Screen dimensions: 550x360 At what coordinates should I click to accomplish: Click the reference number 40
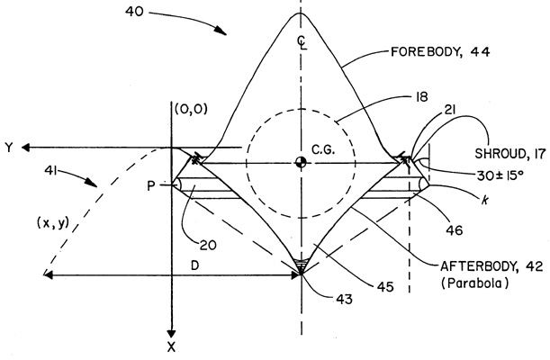tap(134, 12)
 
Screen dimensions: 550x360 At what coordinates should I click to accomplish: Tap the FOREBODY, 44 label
tap(440, 52)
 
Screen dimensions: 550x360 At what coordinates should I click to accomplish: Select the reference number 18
tap(421, 96)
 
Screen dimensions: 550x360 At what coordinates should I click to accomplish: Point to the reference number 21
tap(449, 111)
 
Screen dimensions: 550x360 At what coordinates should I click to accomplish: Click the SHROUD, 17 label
tap(510, 154)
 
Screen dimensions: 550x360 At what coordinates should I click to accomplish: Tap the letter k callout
tap(485, 200)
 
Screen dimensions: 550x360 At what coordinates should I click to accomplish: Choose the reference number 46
tap(455, 230)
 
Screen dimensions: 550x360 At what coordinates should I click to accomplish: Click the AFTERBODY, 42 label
tap(491, 266)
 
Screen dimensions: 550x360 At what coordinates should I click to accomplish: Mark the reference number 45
tap(385, 287)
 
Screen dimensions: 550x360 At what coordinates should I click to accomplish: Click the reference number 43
tap(344, 300)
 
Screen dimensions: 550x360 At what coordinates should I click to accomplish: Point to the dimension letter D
tap(195, 265)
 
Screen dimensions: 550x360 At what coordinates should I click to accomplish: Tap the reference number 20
tap(208, 245)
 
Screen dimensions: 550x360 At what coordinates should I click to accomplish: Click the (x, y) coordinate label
tap(53, 223)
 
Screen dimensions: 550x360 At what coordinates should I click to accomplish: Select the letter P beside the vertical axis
tap(151, 185)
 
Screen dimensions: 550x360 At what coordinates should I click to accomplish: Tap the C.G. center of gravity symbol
tap(301, 162)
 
